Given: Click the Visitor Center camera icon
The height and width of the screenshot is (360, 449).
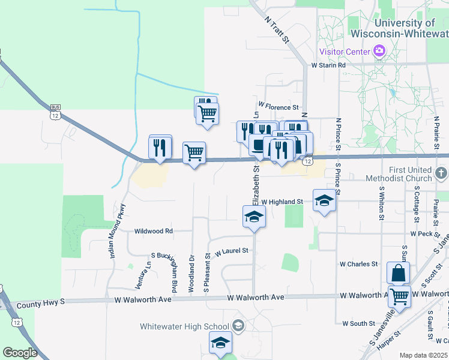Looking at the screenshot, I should (x=379, y=51).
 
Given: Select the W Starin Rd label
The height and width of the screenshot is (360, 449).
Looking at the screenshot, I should (x=328, y=65).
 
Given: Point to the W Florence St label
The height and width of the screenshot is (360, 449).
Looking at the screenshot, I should (x=279, y=107).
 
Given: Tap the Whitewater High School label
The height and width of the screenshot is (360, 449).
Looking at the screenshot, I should (x=185, y=326).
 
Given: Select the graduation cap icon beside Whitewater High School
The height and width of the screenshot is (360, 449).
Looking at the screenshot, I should (x=238, y=326).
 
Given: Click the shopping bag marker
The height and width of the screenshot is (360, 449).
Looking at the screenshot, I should (x=399, y=274).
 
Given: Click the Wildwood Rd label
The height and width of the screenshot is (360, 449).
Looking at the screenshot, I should (x=154, y=230).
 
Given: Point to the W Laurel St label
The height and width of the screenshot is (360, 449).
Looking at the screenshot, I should (x=232, y=251).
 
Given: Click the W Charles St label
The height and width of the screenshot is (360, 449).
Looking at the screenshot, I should (x=358, y=263).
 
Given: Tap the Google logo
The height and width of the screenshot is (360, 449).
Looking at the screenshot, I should (x=20, y=353).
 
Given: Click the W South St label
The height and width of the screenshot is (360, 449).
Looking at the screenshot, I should (x=358, y=323).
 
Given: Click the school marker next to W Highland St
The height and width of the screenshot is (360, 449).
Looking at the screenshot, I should (x=324, y=200).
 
